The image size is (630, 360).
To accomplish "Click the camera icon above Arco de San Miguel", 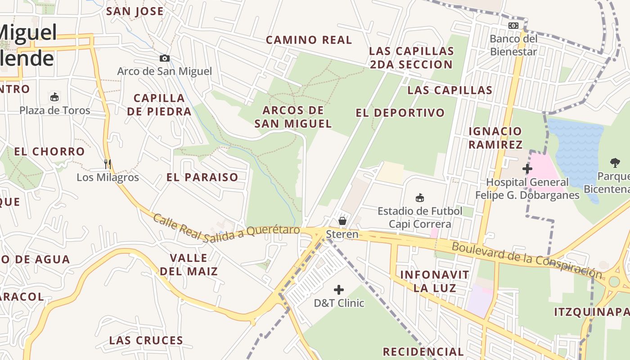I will [165, 58].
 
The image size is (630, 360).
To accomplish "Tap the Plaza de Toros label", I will [55, 110].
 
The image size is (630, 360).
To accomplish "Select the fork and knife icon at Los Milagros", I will [108, 164].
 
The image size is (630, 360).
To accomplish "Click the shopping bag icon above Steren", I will [342, 220].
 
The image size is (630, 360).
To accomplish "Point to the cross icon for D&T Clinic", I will [339, 289].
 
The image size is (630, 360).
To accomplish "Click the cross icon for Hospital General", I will [527, 169].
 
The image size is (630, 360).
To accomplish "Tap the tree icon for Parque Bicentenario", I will [615, 163].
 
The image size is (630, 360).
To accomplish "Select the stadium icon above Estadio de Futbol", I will [420, 198].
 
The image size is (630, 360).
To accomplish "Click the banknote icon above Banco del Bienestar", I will [513, 26].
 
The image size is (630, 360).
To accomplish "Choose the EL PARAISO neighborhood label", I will [202, 177].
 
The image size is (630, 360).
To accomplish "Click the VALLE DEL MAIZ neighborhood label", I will [189, 265].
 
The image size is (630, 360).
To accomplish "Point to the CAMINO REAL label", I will [309, 40].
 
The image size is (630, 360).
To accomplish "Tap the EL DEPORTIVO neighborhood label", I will [400, 113].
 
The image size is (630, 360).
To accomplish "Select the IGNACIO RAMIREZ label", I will [495, 138].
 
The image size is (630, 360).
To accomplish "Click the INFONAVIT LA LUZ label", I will [428, 281].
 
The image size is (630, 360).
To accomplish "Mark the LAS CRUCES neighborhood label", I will [146, 341].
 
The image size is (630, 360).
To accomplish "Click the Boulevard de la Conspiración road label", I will [526, 260].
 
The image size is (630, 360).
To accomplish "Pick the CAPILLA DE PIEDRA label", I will [159, 104].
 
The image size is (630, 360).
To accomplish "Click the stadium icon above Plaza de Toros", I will [54, 97].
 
